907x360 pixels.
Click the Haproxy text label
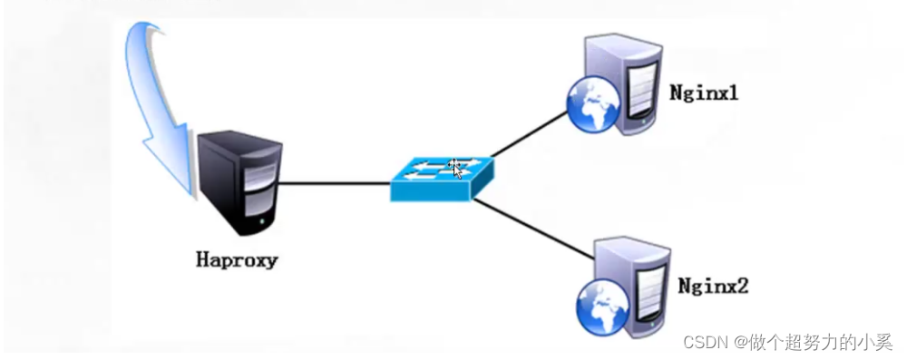[237, 260]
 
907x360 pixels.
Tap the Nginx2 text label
[714, 287]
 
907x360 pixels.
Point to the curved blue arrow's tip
[190, 192]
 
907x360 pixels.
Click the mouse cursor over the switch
[457, 169]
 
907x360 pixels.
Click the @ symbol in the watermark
[741, 342]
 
